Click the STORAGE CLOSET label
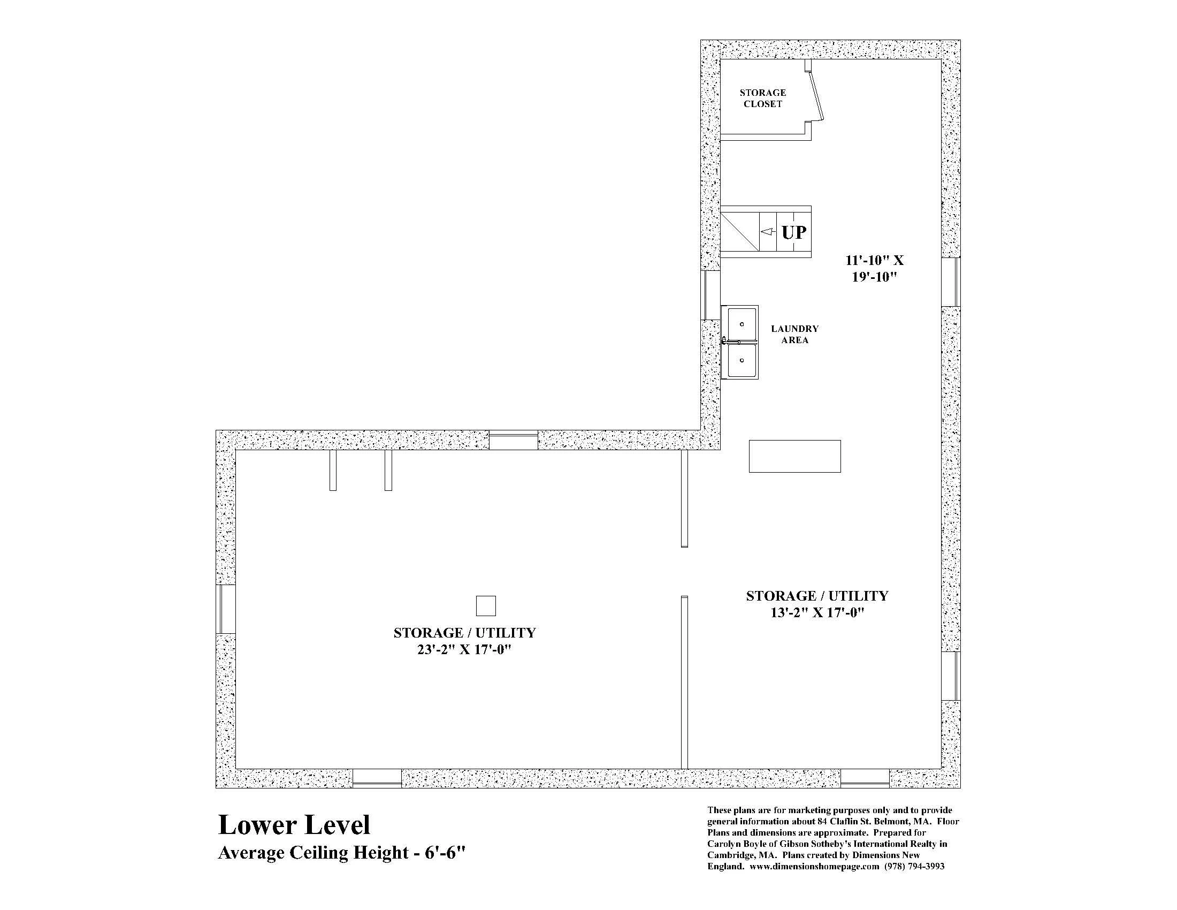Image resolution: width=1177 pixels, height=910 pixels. pos(762,98)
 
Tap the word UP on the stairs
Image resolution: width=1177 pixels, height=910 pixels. pos(794,232)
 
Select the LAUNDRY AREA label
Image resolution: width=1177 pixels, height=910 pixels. pos(794,334)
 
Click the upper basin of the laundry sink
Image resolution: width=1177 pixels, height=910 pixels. pos(742,324)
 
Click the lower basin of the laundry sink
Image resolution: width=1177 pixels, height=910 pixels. pos(742,360)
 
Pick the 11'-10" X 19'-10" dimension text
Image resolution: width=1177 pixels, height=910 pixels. pos(874,269)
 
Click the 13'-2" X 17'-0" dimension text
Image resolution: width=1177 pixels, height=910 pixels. pos(817,613)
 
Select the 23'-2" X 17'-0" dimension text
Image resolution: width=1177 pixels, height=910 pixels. pos(464,650)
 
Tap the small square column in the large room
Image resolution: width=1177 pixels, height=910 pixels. pos(486,606)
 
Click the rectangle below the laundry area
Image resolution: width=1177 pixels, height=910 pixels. pos(794,456)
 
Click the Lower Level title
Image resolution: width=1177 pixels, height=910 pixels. pos(294,825)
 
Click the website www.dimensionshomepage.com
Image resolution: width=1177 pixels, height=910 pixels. pos(814,867)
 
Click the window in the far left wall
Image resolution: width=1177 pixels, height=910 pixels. pos(226,609)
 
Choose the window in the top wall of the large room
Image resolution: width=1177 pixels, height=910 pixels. pos(513,440)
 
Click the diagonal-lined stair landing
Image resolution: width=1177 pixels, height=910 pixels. pos(740,232)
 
